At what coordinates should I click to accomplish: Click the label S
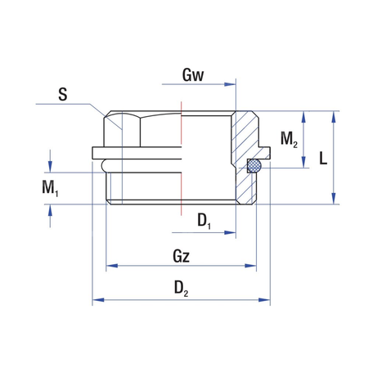[62, 94]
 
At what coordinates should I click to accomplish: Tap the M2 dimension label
[289, 140]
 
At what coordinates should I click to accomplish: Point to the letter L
[324, 159]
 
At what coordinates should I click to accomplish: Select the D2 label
[182, 288]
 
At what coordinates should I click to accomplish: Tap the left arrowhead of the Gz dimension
[112, 266]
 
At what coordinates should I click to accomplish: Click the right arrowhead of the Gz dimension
[258, 266]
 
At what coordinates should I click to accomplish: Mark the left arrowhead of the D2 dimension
[96, 301]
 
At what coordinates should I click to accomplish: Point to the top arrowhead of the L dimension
[333, 115]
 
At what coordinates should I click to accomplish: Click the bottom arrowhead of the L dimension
[333, 200]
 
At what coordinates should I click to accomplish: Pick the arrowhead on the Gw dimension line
[232, 83]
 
